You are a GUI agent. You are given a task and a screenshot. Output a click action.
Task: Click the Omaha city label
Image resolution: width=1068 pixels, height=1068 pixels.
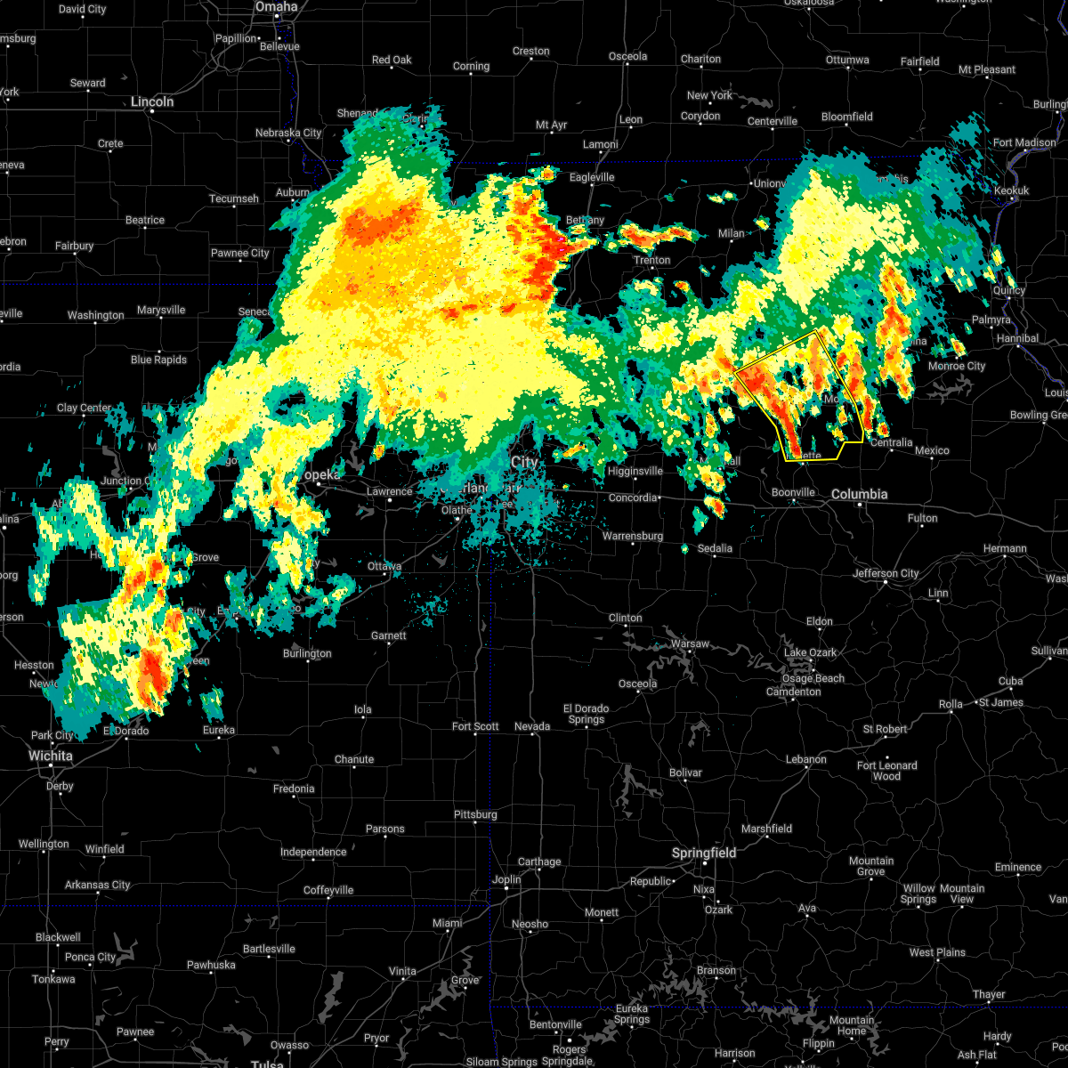[x=276, y=7]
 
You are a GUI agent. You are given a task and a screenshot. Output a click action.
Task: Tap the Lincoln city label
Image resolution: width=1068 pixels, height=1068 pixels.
[x=152, y=102]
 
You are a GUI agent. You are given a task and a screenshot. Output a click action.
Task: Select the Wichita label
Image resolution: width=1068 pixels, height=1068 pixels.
[x=51, y=756]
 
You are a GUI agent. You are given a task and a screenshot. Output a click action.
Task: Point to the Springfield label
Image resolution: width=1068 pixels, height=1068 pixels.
[x=704, y=854]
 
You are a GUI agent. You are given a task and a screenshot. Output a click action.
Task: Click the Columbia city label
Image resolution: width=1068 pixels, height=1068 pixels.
[x=860, y=494]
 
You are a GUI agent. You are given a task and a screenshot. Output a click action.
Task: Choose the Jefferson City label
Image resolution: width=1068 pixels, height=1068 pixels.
[x=886, y=573]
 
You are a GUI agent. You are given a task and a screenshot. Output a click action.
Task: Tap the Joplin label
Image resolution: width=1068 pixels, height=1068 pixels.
[x=506, y=879]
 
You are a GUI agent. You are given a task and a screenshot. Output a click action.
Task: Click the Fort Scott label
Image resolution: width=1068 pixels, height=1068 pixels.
[x=475, y=727]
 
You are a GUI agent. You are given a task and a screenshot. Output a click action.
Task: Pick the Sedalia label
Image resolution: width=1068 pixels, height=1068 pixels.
[x=715, y=549]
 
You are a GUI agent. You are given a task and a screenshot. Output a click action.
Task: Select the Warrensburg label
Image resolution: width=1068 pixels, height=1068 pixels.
[x=633, y=537]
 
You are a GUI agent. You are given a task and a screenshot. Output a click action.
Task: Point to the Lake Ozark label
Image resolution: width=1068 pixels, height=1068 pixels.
[x=810, y=652]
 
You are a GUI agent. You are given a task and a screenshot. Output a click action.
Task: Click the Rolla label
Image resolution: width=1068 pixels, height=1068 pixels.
[x=951, y=704]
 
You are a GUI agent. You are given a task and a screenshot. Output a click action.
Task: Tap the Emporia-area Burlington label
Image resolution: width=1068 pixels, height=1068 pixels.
[x=307, y=654]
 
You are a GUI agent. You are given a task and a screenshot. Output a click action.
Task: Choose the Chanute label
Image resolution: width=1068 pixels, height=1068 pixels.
[x=354, y=760]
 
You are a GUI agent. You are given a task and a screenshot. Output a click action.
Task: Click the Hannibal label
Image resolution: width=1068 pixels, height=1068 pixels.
[x=1018, y=339]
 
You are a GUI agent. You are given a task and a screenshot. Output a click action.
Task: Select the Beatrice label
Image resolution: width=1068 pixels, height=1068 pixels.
[x=145, y=221]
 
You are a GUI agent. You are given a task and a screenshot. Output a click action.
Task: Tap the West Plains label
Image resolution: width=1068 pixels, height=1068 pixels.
[x=937, y=953]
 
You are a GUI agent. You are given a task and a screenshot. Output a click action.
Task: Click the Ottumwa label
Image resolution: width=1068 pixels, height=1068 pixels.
[x=847, y=61]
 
